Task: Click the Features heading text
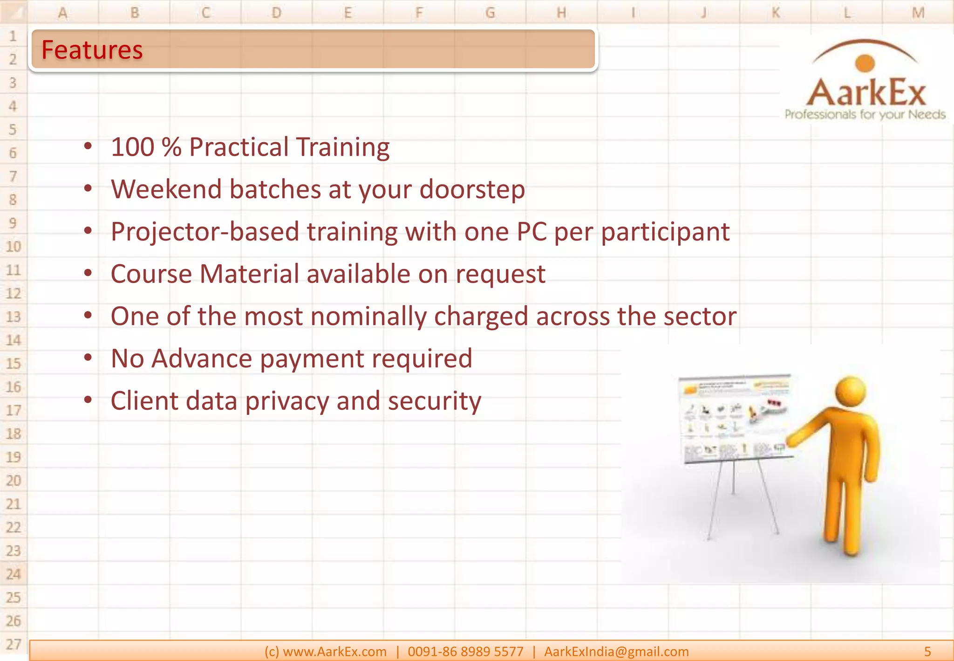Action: pos(92,50)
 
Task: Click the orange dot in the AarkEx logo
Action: pos(865,63)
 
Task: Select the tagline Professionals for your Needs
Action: pos(865,115)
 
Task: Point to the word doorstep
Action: pos(472,190)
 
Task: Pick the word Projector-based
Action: pos(205,232)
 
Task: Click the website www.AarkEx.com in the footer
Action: pos(334,652)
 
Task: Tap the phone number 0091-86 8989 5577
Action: pos(465,652)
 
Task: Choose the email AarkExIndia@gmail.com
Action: pos(616,652)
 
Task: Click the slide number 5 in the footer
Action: pos(927,652)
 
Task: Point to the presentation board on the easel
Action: pos(735,418)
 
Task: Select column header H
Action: pos(561,13)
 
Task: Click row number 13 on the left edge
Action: pos(13,317)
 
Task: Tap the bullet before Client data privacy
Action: pos(88,400)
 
